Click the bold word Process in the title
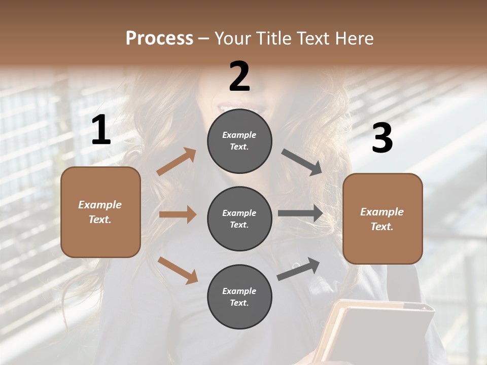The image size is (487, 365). point(159,38)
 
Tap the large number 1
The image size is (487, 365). point(101,131)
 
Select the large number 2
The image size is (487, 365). point(239,77)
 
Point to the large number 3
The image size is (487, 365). point(382,138)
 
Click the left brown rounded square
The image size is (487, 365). point(100,212)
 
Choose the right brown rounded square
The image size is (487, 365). point(382,218)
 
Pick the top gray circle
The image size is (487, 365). point(239,141)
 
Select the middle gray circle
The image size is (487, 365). point(239,218)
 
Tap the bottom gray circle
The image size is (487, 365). point(239,297)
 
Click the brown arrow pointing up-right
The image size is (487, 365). point(177,161)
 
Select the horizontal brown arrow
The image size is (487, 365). point(178,214)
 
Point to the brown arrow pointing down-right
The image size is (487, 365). point(178,270)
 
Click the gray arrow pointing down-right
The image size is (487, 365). point(301,162)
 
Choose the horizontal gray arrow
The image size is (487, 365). point(300,213)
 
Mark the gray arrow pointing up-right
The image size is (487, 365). point(298,269)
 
